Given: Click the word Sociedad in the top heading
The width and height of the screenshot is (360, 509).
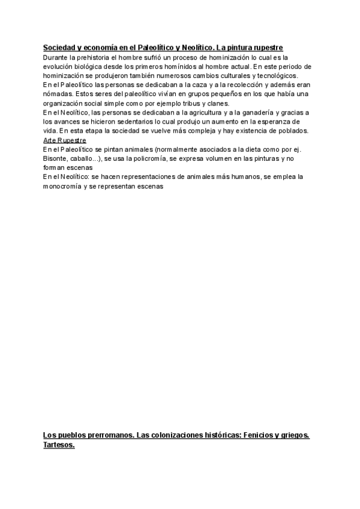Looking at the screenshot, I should pos(60,47).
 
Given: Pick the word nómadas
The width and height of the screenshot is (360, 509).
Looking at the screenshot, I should pos(59,94).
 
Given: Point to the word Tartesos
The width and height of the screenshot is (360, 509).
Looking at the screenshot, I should pos(59,445).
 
